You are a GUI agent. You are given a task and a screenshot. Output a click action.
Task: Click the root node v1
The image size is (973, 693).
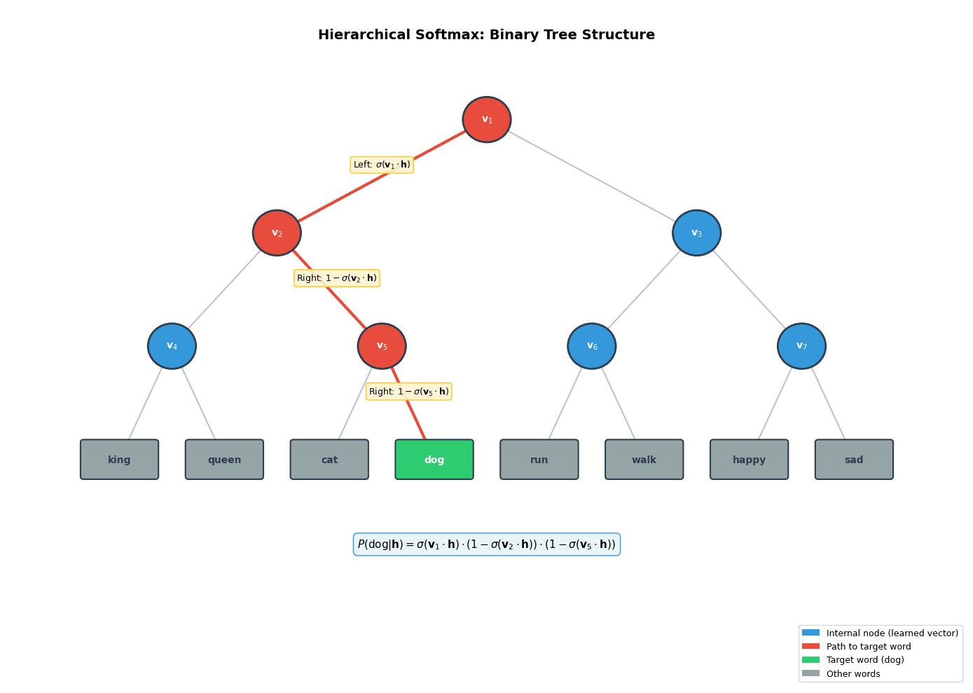pyautogui.click(x=487, y=120)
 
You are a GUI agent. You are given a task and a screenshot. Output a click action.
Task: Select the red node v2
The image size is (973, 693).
pyautogui.click(x=277, y=233)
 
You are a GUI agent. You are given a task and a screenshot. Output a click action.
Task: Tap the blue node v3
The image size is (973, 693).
pyautogui.click(x=696, y=233)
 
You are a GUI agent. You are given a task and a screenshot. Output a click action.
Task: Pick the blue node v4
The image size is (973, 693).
pyautogui.click(x=172, y=346)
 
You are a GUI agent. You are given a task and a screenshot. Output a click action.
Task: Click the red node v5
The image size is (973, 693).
pyautogui.click(x=382, y=346)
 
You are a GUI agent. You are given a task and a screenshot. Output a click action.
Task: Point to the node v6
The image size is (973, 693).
pyautogui.click(x=592, y=346)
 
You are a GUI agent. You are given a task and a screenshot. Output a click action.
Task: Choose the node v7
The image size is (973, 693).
pyautogui.click(x=801, y=346)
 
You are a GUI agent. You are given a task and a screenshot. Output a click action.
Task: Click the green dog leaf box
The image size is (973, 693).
pyautogui.click(x=434, y=460)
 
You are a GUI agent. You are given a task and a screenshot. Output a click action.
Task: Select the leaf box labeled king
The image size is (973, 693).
pyautogui.click(x=119, y=460)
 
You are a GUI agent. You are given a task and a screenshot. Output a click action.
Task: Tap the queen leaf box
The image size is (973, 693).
pyautogui.click(x=224, y=460)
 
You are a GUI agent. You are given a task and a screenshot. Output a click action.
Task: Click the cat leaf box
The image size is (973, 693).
pyautogui.click(x=329, y=460)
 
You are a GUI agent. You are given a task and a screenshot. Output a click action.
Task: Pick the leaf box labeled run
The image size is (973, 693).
pyautogui.click(x=539, y=460)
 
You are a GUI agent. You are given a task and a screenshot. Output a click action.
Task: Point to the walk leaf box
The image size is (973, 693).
pyautogui.click(x=644, y=460)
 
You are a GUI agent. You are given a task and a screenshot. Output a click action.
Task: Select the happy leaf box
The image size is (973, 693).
pyautogui.click(x=749, y=460)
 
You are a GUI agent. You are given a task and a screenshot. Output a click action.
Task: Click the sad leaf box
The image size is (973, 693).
pyautogui.click(x=854, y=460)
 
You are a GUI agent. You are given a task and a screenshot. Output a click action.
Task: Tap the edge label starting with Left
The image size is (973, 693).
pyautogui.click(x=382, y=165)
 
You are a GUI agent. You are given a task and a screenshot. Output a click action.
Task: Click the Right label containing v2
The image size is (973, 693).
pyautogui.click(x=337, y=278)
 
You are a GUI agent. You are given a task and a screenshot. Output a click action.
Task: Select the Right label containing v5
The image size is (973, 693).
pyautogui.click(x=409, y=392)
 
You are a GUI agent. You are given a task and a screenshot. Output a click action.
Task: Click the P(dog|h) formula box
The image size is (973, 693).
pyautogui.click(x=487, y=544)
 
